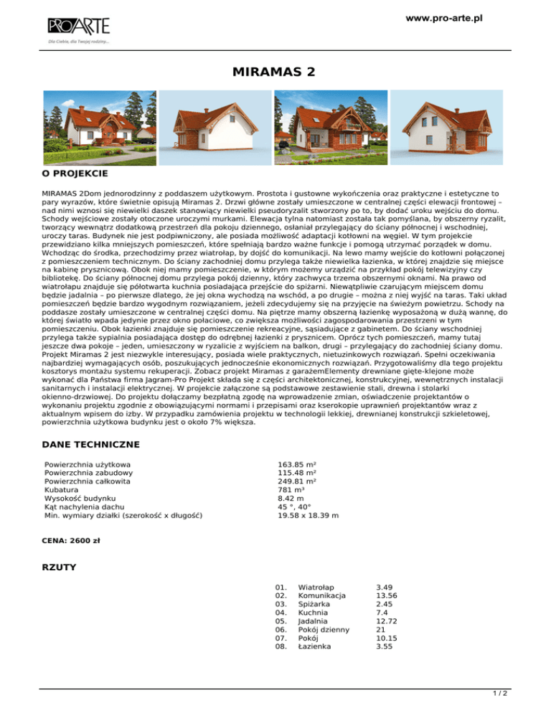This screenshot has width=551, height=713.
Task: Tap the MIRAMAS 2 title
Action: (x=275, y=72)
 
